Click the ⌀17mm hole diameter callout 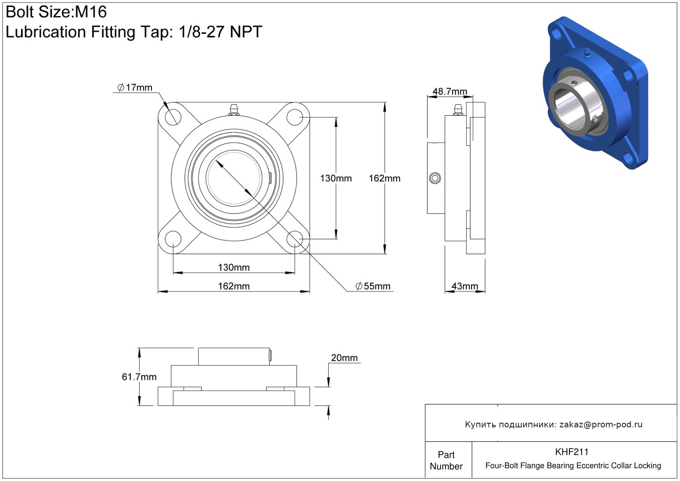click(135, 88)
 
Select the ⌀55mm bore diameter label click(373, 286)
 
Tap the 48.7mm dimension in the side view click(450, 91)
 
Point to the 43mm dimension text click(464, 286)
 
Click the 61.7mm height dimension click(139, 377)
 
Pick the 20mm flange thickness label click(344, 358)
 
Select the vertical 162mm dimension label click(384, 178)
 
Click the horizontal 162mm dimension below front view click(234, 286)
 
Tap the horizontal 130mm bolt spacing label click(234, 267)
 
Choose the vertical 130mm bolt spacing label click(336, 178)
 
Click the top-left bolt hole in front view click(173, 117)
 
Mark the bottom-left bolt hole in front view click(173, 239)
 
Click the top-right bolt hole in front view click(295, 117)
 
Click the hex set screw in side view click(435, 178)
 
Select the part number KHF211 click(572, 452)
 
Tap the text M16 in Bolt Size click(91, 12)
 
